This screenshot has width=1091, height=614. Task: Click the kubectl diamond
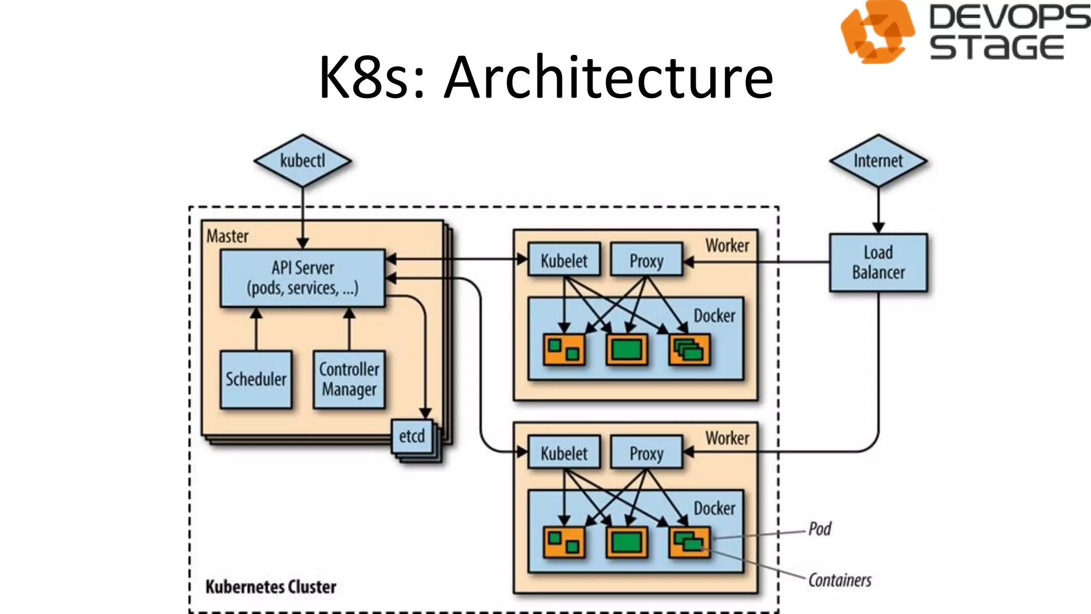[302, 160]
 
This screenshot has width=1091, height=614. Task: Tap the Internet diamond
[878, 160]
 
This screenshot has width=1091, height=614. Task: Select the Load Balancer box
[878, 262]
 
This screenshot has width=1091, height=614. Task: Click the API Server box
[302, 278]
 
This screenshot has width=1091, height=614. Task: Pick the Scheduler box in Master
[256, 379]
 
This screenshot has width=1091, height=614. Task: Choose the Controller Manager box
[349, 379]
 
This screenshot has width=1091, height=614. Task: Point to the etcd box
[412, 436]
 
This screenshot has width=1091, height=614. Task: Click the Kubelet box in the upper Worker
[564, 260]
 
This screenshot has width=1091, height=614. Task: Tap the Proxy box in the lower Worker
[646, 453]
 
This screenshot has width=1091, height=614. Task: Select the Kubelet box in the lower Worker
[564, 453]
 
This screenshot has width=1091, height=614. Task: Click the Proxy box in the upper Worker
[646, 260]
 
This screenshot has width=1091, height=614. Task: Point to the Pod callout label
[819, 529]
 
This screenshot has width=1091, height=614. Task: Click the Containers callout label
[840, 580]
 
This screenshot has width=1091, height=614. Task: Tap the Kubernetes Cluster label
[271, 587]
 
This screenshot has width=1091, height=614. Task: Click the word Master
[227, 236]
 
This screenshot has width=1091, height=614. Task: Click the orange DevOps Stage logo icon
[877, 32]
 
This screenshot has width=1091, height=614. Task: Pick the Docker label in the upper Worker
[714, 316]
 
